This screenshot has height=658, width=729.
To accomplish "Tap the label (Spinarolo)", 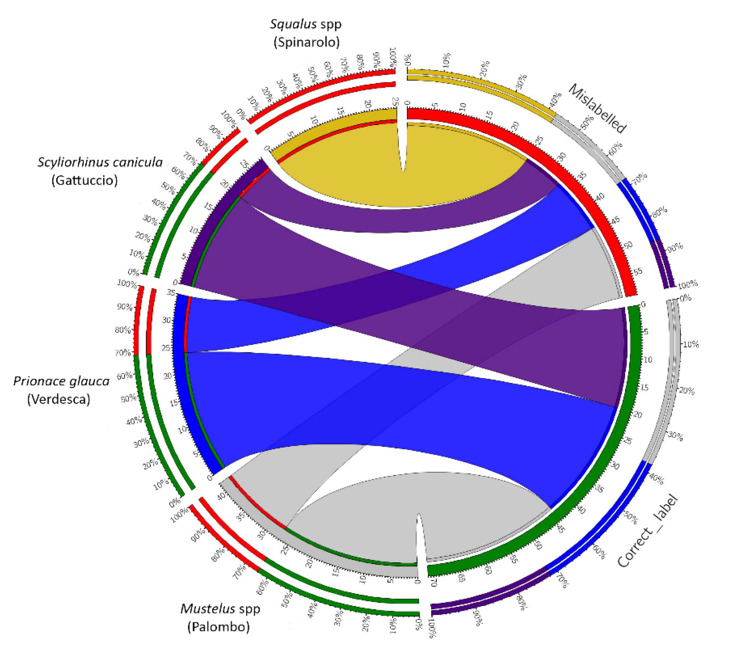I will point(306,42).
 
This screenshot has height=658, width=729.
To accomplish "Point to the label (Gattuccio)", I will point(85,180).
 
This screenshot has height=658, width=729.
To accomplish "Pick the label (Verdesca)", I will point(58,399).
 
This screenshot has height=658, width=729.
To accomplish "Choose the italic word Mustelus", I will point(203,609).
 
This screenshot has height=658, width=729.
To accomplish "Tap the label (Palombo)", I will point(218,627).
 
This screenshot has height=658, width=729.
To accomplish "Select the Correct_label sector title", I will point(647,531).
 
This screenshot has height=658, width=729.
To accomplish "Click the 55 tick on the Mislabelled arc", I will point(638,272).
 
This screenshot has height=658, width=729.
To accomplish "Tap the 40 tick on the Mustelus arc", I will point(221,495).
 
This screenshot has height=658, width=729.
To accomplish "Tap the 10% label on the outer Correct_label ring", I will point(690,344).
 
